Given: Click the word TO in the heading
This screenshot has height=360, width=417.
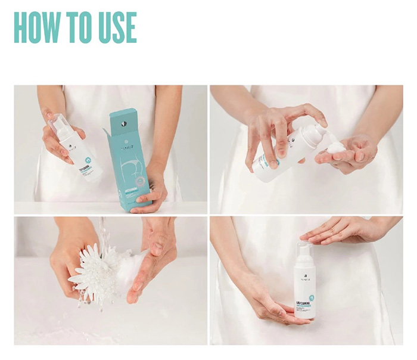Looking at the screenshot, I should point(82,27).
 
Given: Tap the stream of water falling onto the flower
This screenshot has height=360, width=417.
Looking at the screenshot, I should point(102,235).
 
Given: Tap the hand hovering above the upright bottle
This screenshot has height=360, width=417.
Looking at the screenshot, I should point(346,229).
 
